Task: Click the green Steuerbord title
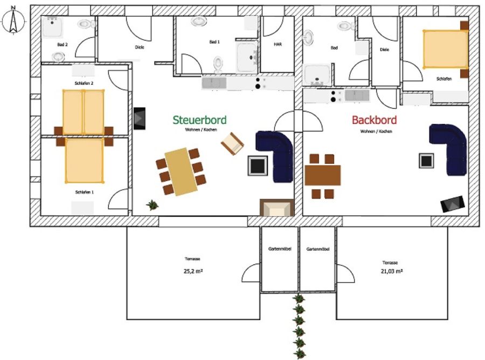click(x=199, y=120)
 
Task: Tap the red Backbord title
click(x=375, y=120)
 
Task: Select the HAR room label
click(x=278, y=44)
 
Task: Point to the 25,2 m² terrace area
click(x=193, y=271)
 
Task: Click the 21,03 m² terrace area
click(x=392, y=271)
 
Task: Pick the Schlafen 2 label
click(x=84, y=83)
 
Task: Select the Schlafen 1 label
click(x=85, y=192)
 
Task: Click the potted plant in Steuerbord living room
click(x=152, y=205)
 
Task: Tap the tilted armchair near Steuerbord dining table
click(x=232, y=143)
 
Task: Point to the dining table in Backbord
click(x=323, y=175)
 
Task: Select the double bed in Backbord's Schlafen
click(x=446, y=49)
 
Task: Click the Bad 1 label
click(x=214, y=41)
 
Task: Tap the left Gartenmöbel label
click(x=280, y=248)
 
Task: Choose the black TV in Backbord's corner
click(x=453, y=204)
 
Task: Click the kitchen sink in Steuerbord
click(x=214, y=83)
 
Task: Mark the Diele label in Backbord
click(x=384, y=50)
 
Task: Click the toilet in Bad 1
click(x=218, y=64)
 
